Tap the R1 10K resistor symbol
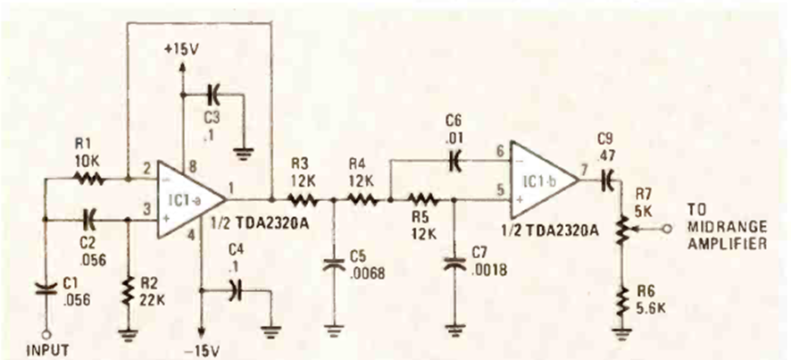[90, 180]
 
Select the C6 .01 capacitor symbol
[456, 162]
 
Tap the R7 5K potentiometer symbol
[622, 229]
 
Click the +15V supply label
[182, 50]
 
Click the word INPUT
[44, 349]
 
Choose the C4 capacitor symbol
[234, 289]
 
